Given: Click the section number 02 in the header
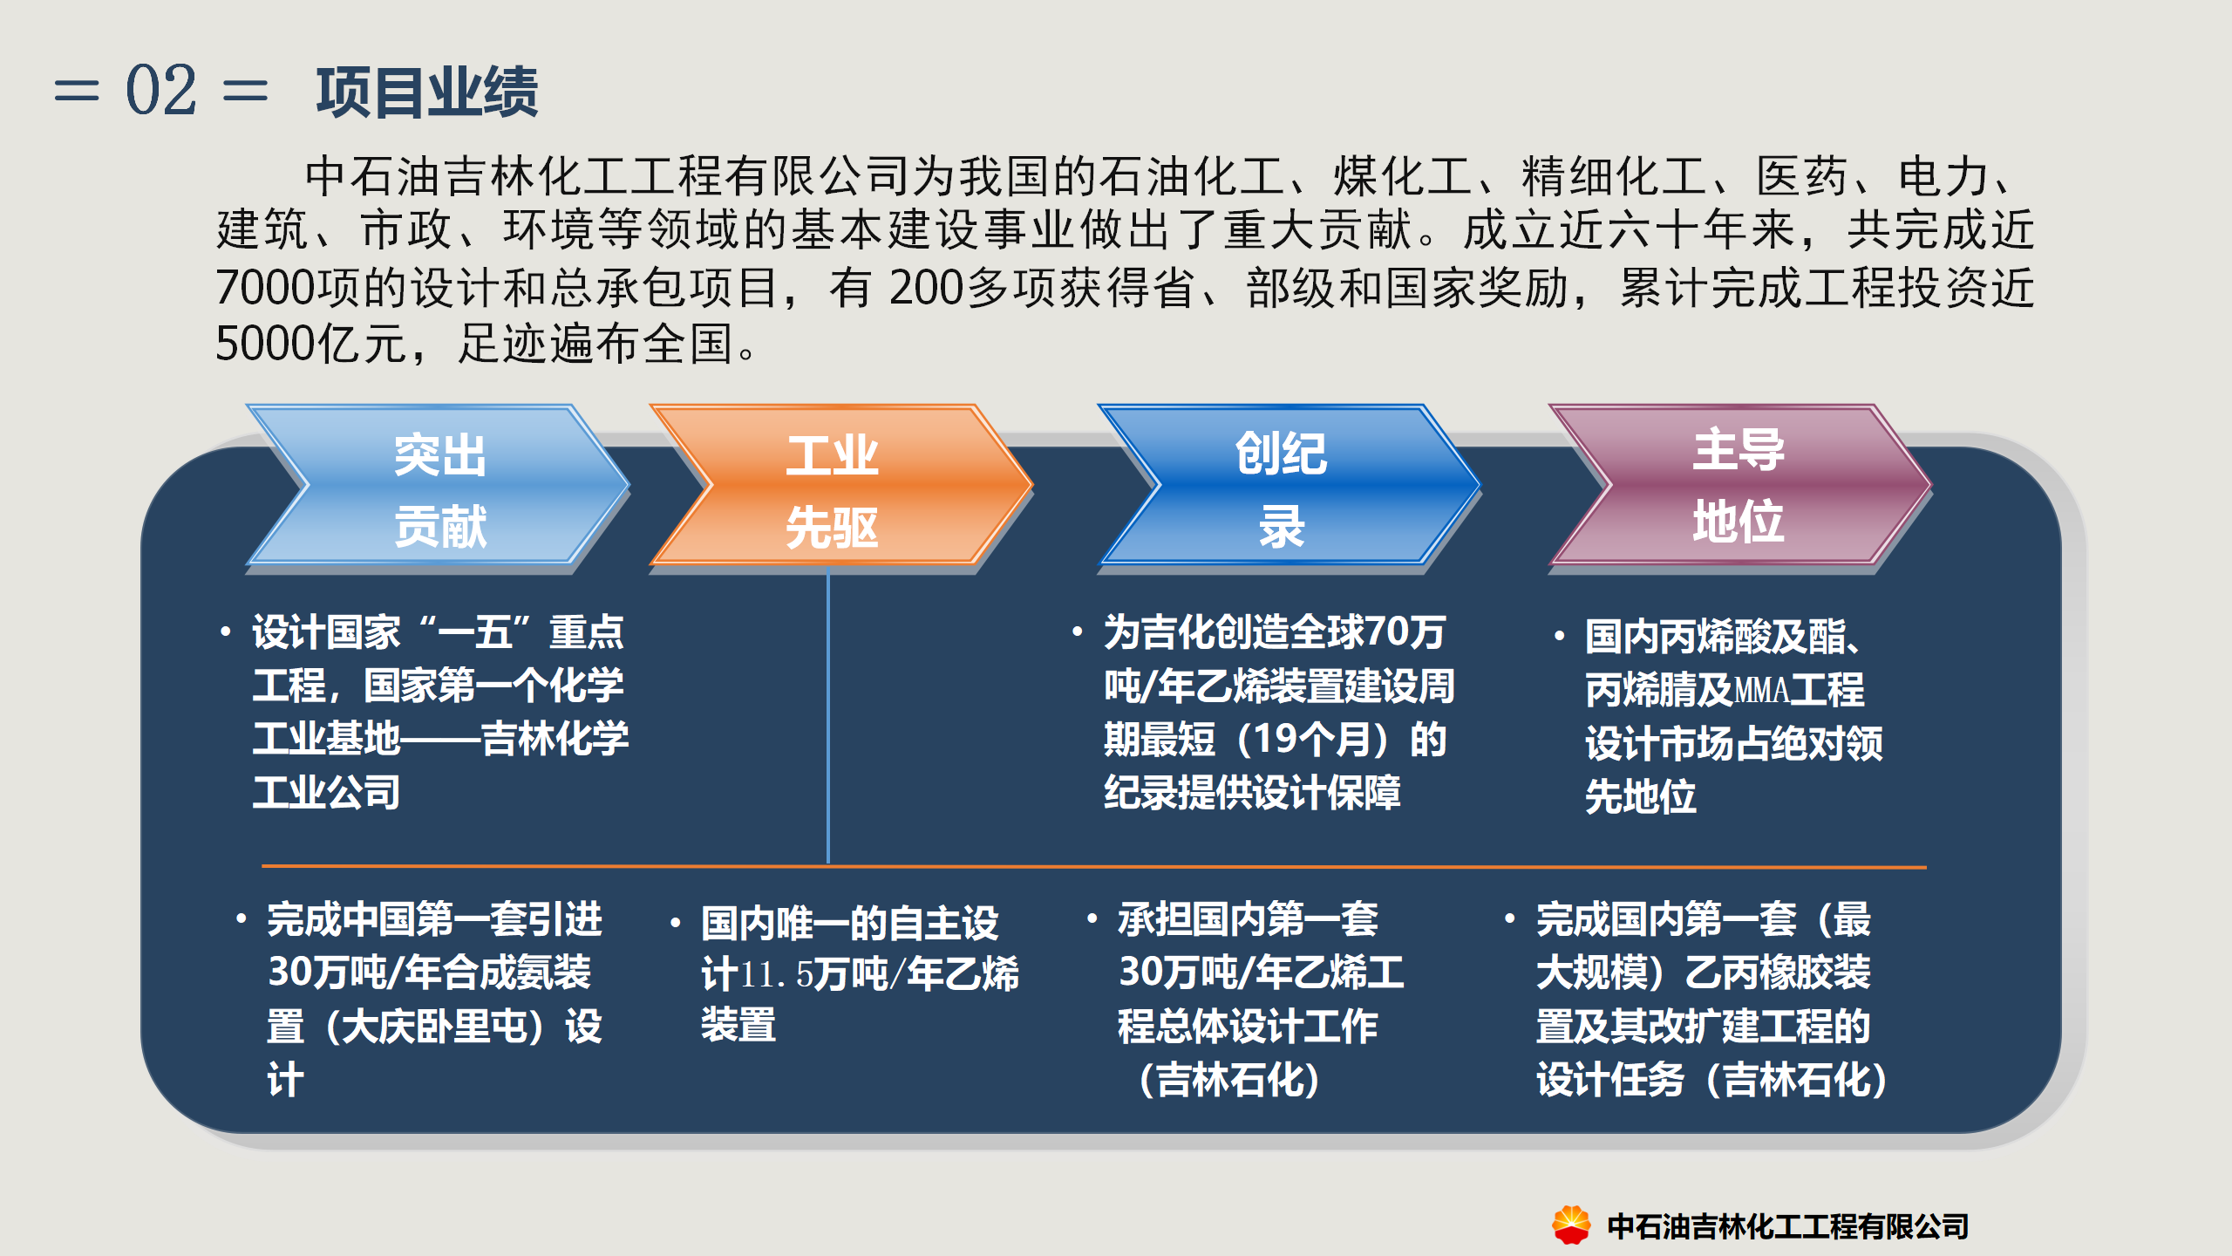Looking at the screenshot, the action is click(x=161, y=90).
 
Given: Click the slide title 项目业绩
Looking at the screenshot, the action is click(x=427, y=92).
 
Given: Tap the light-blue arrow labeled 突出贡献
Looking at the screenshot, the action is click(x=439, y=485).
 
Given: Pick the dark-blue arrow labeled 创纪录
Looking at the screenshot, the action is click(x=1289, y=485).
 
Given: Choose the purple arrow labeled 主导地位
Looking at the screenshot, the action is click(x=1740, y=485).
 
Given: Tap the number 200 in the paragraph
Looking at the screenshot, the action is click(x=926, y=288).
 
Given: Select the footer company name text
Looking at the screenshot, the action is click(x=1788, y=1226).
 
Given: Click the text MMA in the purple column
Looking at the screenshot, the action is click(x=1762, y=690).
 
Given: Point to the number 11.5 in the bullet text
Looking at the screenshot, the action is click(x=776, y=974).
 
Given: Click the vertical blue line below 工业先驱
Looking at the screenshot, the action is click(x=827, y=715).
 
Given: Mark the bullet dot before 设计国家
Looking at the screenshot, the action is click(x=226, y=631).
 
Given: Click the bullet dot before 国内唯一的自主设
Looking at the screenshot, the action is click(x=675, y=923).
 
